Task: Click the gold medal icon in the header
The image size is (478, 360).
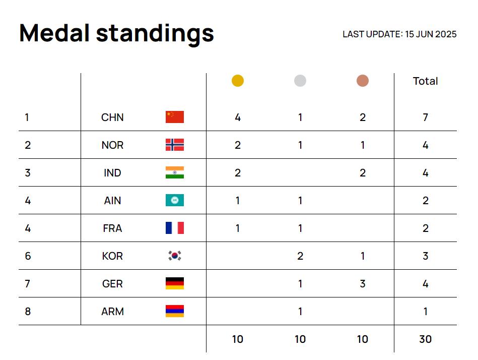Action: pyautogui.click(x=238, y=81)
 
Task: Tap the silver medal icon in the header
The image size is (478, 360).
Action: pyautogui.click(x=300, y=81)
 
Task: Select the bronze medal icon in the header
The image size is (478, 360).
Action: pyautogui.click(x=363, y=81)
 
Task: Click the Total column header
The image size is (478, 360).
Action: pyautogui.click(x=425, y=81)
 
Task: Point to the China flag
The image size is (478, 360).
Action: pyautogui.click(x=175, y=117)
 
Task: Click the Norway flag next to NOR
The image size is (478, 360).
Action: pyautogui.click(x=175, y=145)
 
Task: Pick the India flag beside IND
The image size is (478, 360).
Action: pyautogui.click(x=175, y=172)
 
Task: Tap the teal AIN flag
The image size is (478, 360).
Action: pyautogui.click(x=175, y=200)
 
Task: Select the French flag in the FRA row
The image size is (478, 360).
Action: pyautogui.click(x=175, y=228)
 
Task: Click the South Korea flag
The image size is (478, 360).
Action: pyautogui.click(x=175, y=256)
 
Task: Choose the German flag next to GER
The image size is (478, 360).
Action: pyautogui.click(x=175, y=283)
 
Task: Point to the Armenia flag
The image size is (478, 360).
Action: pyautogui.click(x=175, y=311)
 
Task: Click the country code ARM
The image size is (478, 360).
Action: pyautogui.click(x=112, y=312)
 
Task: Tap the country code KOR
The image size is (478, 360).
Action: pyautogui.click(x=112, y=256)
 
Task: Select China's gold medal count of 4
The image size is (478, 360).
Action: pyautogui.click(x=238, y=117)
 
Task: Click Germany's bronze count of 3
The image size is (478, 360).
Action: pyautogui.click(x=363, y=284)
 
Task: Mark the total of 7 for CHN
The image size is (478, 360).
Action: pyautogui.click(x=426, y=117)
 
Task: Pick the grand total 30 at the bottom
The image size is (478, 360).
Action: pyautogui.click(x=426, y=339)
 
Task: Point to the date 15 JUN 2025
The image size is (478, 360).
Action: pyautogui.click(x=431, y=34)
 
